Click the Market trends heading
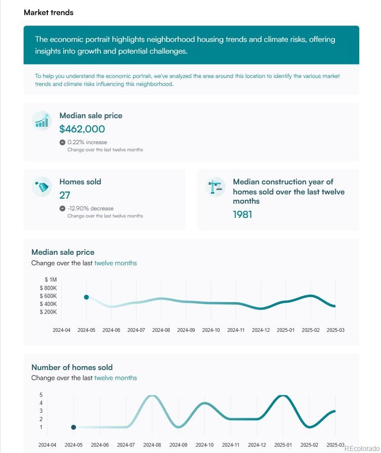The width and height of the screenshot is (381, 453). [49, 13]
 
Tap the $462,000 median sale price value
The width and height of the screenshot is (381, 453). [82, 129]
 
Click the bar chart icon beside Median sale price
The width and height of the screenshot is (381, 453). [41, 121]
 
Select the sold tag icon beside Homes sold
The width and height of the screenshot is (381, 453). [42, 187]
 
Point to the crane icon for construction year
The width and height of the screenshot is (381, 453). [215, 187]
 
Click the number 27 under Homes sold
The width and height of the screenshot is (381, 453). [64, 195]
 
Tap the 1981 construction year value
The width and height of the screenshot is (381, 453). [242, 215]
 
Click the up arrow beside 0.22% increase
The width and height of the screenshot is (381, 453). [62, 142]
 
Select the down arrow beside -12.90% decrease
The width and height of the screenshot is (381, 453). [62, 208]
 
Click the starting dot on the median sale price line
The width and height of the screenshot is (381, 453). [86, 297]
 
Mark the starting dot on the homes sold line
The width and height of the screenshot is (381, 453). [74, 427]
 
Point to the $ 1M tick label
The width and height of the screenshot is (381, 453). [51, 280]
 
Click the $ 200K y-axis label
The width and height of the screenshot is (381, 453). [49, 312]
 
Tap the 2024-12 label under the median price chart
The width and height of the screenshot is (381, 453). [261, 330]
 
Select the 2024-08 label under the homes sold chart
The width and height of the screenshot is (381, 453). [152, 445]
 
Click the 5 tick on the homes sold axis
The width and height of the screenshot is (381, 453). [41, 395]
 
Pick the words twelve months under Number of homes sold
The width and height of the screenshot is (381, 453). [116, 378]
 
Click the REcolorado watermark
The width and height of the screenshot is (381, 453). [362, 448]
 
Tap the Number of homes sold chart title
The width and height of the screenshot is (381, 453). [72, 367]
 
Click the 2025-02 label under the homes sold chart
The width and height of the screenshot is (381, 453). [309, 445]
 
